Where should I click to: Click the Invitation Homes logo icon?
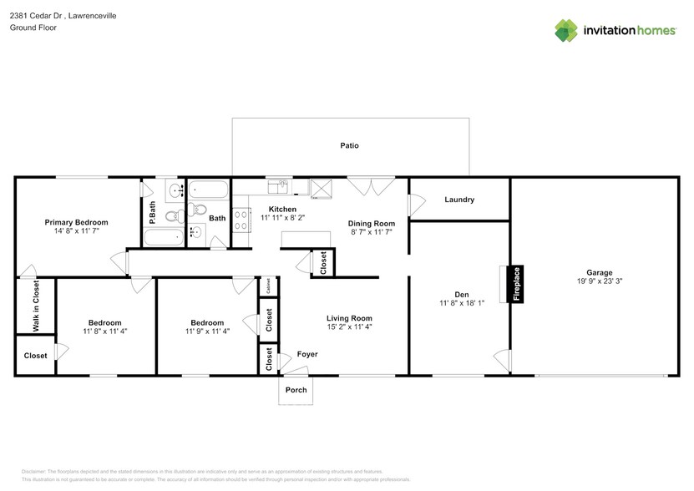(x=567, y=30)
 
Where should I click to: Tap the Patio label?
(x=349, y=146)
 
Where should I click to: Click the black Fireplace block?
(x=516, y=284)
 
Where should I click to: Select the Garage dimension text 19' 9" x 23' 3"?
(x=599, y=282)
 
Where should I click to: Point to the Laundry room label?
(x=459, y=200)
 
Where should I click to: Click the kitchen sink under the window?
(x=278, y=185)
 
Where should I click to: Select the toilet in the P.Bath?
(x=173, y=217)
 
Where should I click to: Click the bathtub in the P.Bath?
(x=161, y=237)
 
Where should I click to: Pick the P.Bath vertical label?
(x=152, y=214)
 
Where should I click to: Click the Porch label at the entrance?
(x=296, y=390)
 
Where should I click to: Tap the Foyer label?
(x=307, y=355)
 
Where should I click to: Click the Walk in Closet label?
(x=36, y=306)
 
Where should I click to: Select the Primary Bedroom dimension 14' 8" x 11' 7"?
(x=76, y=232)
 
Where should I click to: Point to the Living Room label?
(x=349, y=318)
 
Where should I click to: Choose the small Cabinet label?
(x=268, y=286)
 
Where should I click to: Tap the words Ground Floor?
(x=32, y=28)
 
